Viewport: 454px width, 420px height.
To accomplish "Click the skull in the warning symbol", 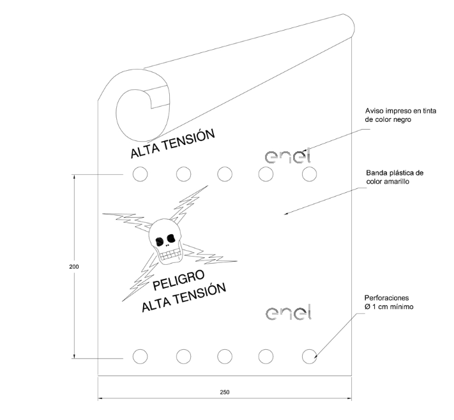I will click(x=165, y=241).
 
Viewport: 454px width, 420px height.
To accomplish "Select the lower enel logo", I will click(x=287, y=313).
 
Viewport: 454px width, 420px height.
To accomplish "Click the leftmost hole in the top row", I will click(x=139, y=174).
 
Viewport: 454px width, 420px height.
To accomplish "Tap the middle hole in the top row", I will click(x=224, y=174).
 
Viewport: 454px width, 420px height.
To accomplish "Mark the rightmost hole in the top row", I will click(x=309, y=174).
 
